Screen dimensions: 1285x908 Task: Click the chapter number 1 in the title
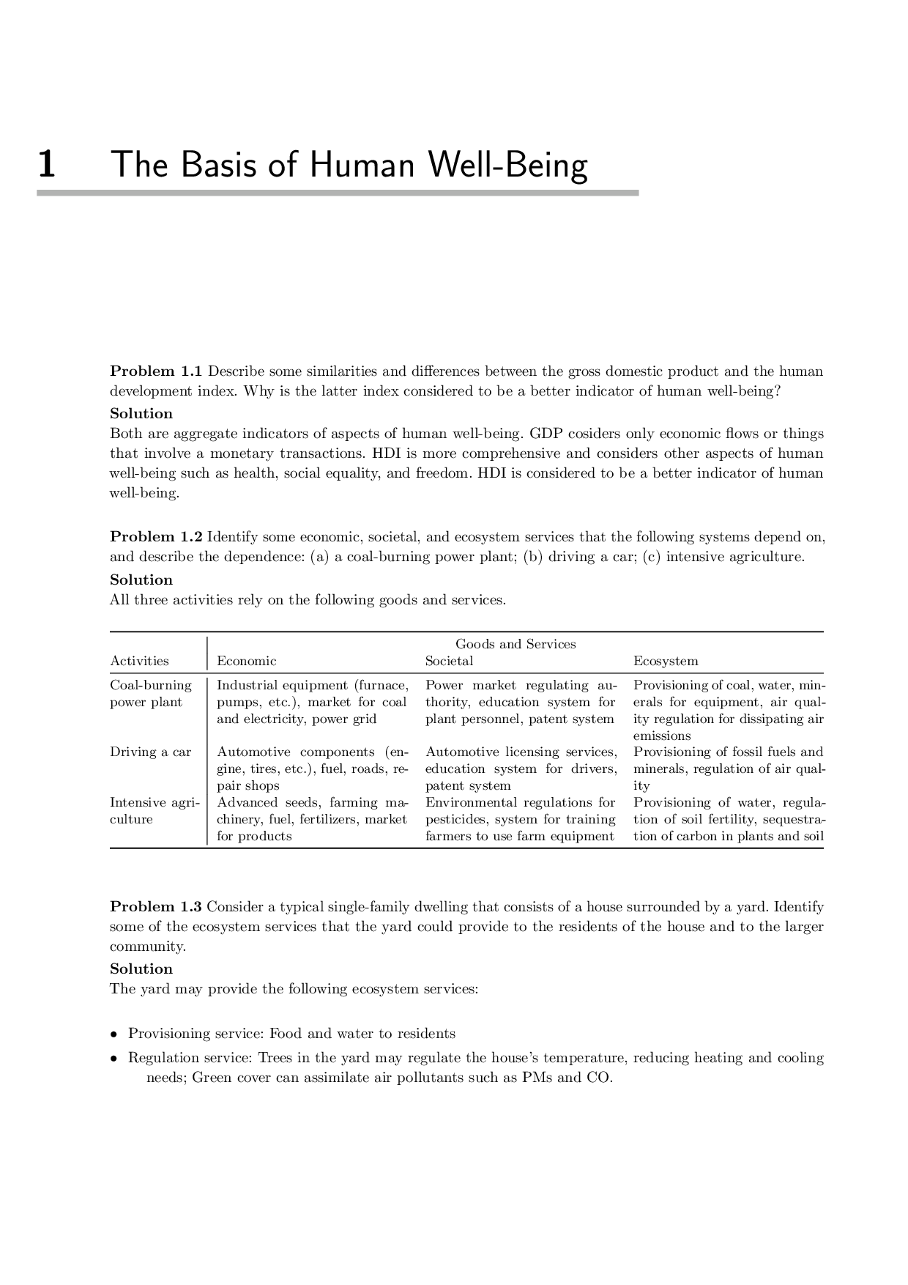tap(46, 164)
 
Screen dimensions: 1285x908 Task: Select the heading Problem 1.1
tap(156, 371)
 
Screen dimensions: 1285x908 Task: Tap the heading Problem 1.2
tap(156, 537)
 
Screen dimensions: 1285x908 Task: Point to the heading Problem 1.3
tap(156, 907)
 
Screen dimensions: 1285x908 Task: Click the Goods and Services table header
tap(516, 644)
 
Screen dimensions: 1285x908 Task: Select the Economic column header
tap(247, 661)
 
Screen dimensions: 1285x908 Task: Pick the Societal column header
tap(449, 661)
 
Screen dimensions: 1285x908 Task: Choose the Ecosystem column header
tap(666, 661)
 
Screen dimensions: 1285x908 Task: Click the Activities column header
tap(139, 661)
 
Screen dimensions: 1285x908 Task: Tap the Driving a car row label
tap(150, 752)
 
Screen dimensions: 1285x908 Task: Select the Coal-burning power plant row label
tap(151, 694)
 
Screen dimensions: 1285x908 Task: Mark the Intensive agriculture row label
tap(154, 811)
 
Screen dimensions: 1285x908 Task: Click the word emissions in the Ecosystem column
tap(662, 736)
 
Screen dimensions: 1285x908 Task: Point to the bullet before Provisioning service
tap(113, 1034)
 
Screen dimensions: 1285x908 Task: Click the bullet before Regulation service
tap(113, 1059)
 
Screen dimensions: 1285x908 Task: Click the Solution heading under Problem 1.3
tap(141, 969)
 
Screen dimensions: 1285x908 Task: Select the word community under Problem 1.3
tap(147, 947)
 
